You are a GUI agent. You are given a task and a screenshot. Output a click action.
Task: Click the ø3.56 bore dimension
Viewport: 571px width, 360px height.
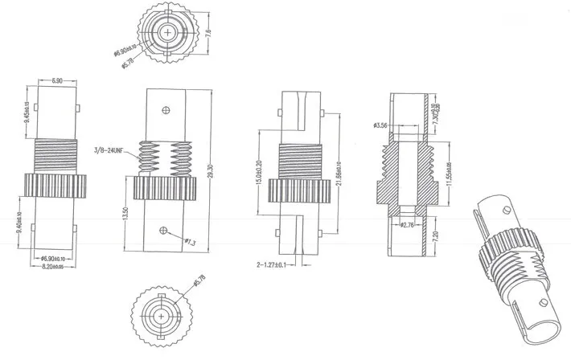381,125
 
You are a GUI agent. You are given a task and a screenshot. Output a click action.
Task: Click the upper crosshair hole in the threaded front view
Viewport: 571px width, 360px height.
165,109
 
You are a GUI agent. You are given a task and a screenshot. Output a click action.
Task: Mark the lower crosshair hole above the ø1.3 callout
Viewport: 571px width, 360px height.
165,231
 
